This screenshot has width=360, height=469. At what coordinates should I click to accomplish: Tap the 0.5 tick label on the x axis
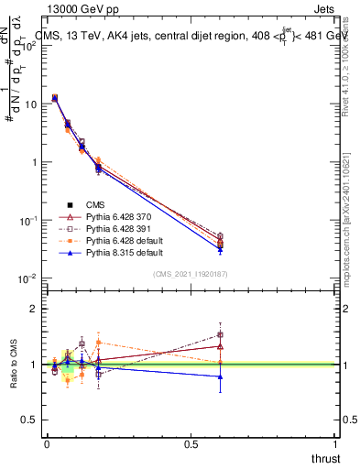point(191,443)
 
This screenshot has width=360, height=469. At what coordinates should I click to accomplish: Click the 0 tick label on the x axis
point(47,443)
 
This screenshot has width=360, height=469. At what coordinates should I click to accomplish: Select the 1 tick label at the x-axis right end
point(335,443)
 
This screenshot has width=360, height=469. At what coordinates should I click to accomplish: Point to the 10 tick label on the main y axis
point(30,104)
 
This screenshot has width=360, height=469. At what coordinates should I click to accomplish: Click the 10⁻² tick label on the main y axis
point(27,278)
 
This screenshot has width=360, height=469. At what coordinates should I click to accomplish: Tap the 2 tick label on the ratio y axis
point(34,309)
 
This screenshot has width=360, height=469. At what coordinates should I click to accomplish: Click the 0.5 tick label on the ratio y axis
point(29,420)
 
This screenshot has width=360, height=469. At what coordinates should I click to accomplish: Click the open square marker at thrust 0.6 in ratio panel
point(220,334)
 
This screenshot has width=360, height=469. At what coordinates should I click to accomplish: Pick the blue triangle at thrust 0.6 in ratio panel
point(220,376)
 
